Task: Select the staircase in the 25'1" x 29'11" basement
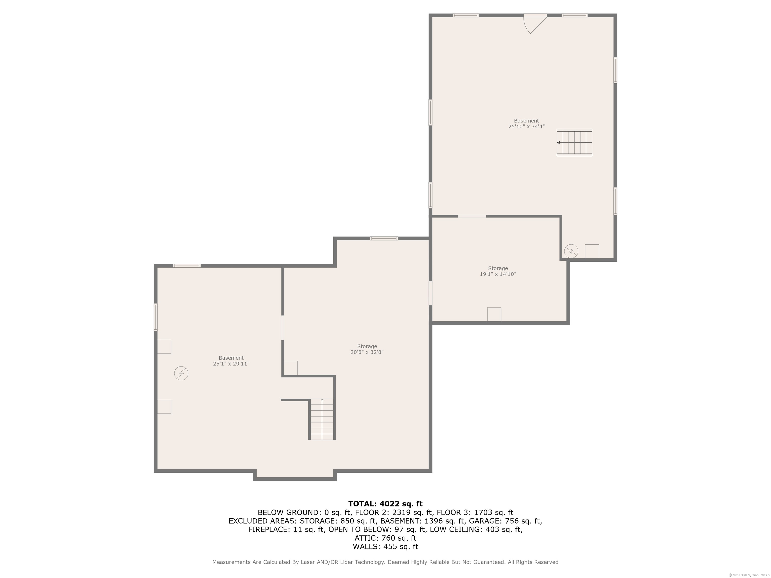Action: click(x=322, y=419)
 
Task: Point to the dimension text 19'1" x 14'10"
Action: click(x=498, y=274)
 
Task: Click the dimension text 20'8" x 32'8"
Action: click(x=367, y=352)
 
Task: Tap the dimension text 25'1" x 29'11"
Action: click(x=231, y=364)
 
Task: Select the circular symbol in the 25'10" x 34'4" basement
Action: click(x=571, y=251)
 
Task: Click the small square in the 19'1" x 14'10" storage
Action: click(x=494, y=314)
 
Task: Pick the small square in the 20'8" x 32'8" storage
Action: click(x=291, y=368)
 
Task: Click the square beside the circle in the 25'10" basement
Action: click(x=592, y=251)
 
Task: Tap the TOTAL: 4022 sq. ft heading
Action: click(x=385, y=504)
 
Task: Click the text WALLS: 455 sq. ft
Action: click(x=385, y=547)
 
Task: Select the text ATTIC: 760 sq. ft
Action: click(x=385, y=538)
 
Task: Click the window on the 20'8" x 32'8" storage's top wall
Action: click(x=384, y=239)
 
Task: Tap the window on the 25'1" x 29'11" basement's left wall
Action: click(x=156, y=317)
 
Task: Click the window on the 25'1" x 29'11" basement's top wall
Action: click(x=187, y=266)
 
